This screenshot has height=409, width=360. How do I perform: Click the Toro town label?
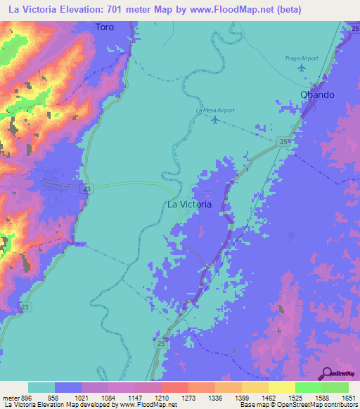coord(104,27)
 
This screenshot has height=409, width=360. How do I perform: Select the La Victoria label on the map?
coord(188,204)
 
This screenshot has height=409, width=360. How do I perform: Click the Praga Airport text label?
coord(302,58)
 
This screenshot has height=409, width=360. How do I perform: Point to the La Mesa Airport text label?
coord(215,110)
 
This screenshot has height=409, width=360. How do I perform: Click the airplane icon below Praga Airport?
coord(302,68)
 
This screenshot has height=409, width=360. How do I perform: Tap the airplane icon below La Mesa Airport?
coord(215,120)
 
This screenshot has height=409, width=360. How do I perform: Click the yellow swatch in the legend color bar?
coord(281,388)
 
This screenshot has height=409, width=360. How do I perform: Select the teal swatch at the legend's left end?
coord(41,388)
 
